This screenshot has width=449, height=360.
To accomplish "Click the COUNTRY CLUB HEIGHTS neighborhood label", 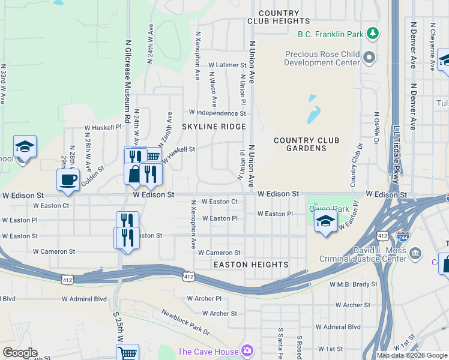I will (279, 17).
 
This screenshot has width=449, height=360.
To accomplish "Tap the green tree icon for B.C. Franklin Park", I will (373, 32).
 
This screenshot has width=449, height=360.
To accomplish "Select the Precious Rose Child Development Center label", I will (322, 58).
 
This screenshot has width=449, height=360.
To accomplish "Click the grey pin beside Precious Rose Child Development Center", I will (369, 58).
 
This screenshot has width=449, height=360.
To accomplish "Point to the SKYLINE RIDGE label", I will (214, 127).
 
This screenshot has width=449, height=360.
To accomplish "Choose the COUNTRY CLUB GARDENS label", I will (306, 145).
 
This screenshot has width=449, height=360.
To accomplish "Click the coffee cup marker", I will (68, 179).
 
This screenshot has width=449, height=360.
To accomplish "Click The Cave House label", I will (208, 351).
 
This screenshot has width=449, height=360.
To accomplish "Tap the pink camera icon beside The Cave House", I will (247, 350).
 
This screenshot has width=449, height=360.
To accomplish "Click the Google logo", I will (20, 353).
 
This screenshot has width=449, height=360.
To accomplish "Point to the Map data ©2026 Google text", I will (411, 355).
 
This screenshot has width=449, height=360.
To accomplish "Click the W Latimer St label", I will (227, 65).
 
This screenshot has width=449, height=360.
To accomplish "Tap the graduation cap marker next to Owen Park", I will (325, 221).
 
